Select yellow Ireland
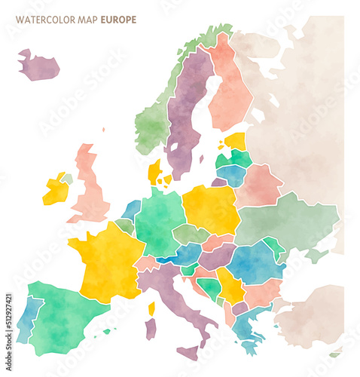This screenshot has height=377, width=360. tap(55, 190)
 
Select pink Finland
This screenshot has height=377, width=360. tap(230, 87)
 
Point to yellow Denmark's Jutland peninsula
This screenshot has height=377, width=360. tap(154, 173)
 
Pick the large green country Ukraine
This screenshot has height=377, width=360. tap(286, 222)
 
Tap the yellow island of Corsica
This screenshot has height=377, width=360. tap(151, 308)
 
